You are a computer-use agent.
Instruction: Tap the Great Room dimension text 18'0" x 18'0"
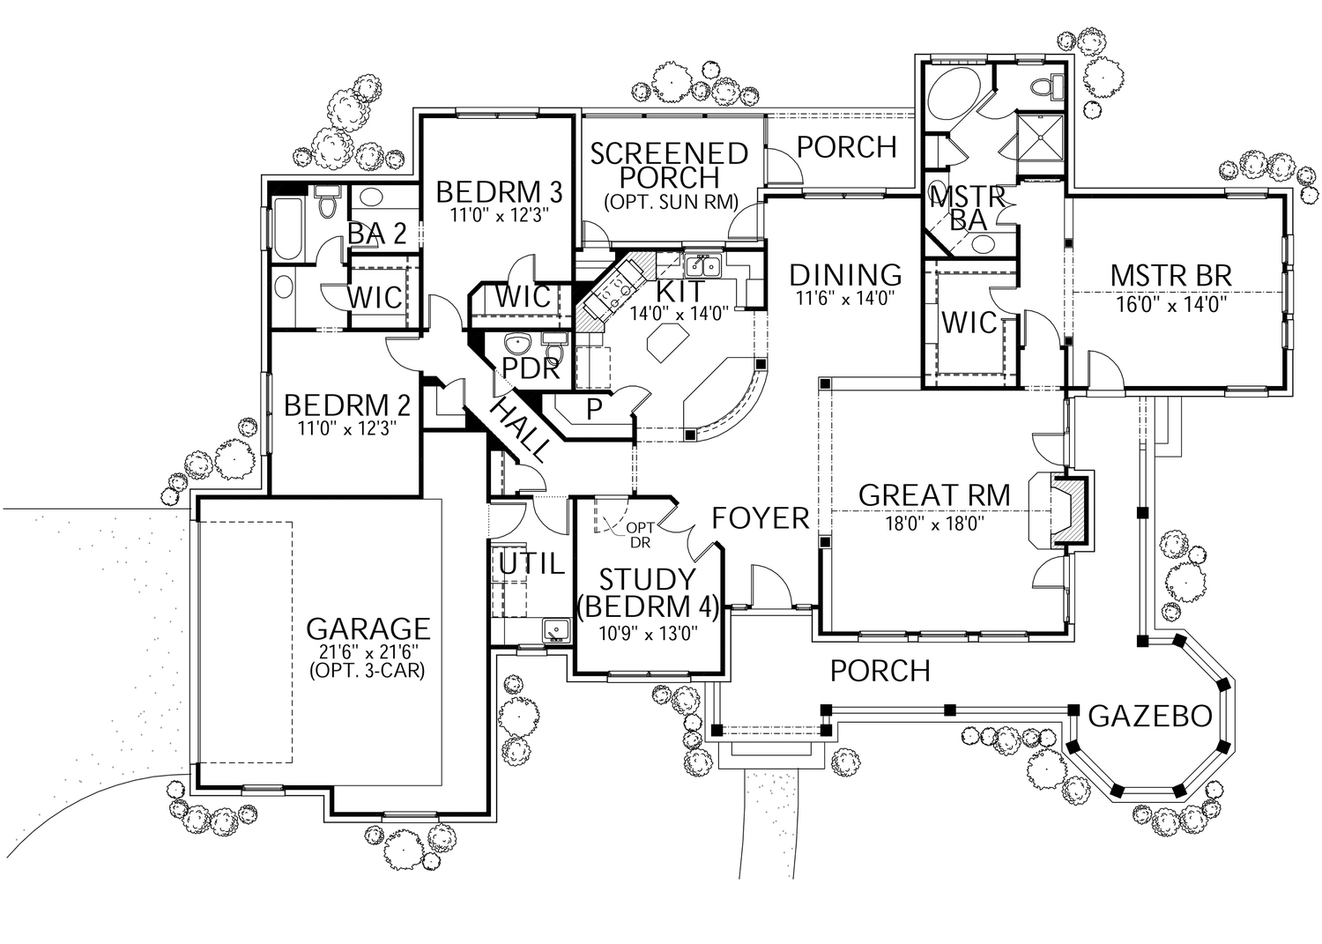click(934, 523)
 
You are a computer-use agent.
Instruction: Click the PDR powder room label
click(531, 368)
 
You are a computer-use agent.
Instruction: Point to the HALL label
click(520, 429)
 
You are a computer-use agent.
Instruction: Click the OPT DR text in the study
click(639, 535)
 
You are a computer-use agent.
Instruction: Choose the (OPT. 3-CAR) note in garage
click(367, 671)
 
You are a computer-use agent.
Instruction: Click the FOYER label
click(761, 518)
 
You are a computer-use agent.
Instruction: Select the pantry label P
click(594, 410)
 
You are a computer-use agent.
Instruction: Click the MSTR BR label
click(1170, 275)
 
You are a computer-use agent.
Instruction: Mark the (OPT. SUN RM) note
click(670, 202)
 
